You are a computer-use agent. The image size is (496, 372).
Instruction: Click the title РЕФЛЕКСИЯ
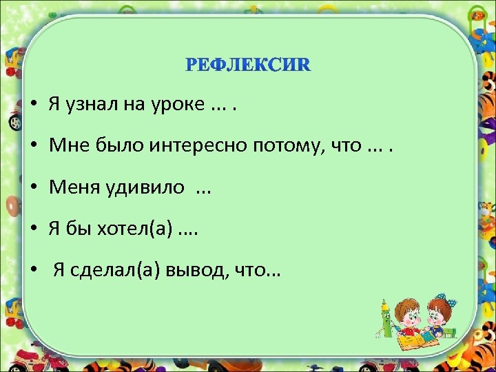coord(248,65)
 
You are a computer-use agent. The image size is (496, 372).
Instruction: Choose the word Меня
coord(73,187)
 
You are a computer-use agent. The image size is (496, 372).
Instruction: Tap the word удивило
coord(143,187)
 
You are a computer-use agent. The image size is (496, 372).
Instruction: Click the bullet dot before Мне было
coord(34,146)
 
